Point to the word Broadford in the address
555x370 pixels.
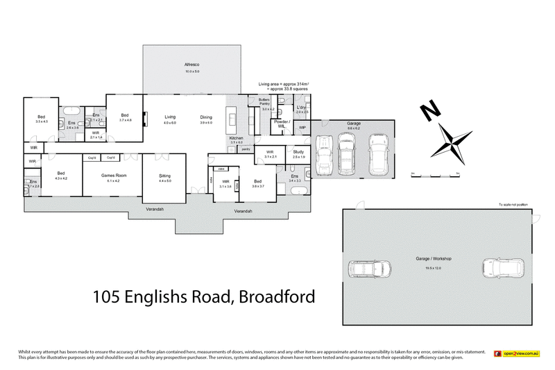pyautogui.click(x=277, y=297)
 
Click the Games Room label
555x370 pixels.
pyautogui.click(x=112, y=176)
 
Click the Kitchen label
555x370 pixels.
pyautogui.click(x=236, y=139)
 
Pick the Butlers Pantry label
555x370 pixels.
pyautogui.click(x=264, y=101)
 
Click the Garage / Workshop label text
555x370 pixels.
pyautogui.click(x=434, y=258)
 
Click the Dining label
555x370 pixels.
pyautogui.click(x=206, y=117)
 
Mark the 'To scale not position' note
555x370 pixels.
pyautogui.click(x=513, y=204)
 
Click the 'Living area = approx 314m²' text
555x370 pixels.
pyautogui.click(x=283, y=83)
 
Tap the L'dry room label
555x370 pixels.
pyautogui.click(x=301, y=108)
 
